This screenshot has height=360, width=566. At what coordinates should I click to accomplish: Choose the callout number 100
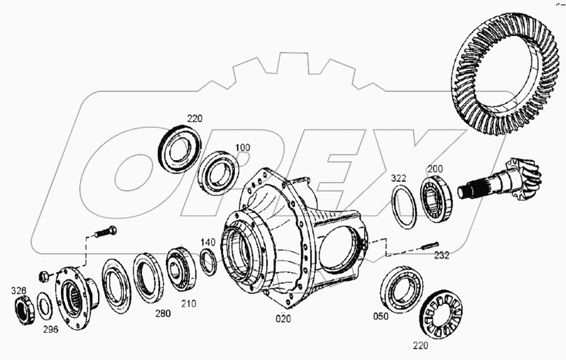pyautogui.click(x=243, y=147)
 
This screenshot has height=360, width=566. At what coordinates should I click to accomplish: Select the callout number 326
pyautogui.click(x=18, y=291)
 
